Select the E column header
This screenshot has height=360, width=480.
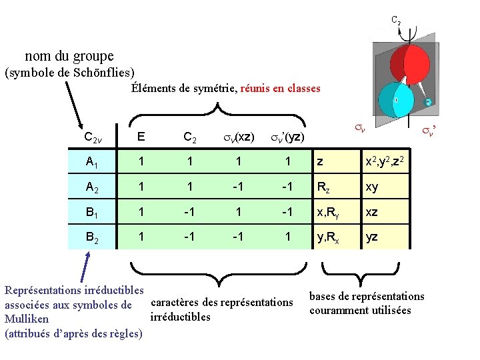[x=141, y=137]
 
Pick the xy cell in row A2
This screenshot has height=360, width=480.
[x=371, y=187]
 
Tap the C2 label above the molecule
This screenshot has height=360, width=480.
[x=395, y=21]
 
